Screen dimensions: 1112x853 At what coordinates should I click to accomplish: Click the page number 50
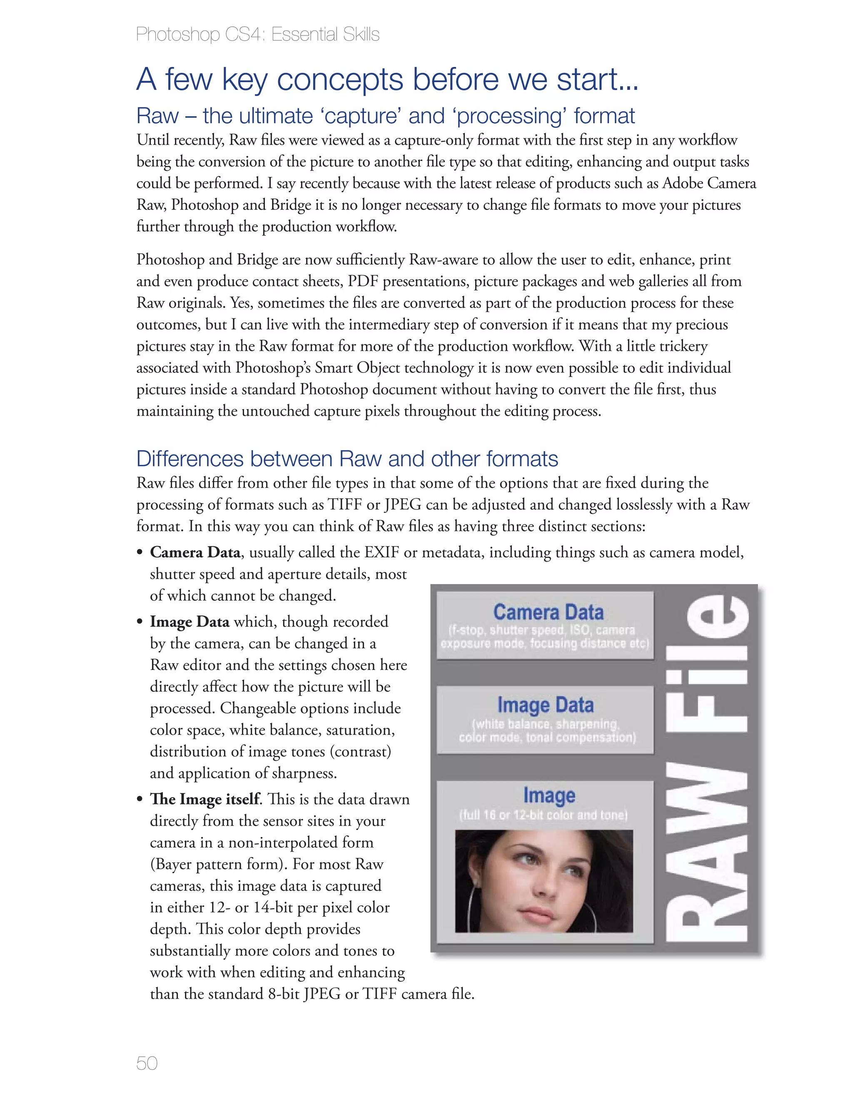147,1063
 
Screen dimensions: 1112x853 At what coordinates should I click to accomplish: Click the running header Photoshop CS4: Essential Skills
257,35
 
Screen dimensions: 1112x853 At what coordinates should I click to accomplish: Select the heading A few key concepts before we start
387,80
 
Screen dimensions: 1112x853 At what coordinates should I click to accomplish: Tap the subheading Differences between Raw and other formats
347,459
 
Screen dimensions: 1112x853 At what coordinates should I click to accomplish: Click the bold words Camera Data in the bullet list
195,552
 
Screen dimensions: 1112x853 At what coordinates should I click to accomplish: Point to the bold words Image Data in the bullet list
190,622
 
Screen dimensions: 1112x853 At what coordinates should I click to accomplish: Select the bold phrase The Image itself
205,799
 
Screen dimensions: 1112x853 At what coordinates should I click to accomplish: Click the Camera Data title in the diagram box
549,612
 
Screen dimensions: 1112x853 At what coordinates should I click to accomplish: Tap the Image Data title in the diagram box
545,705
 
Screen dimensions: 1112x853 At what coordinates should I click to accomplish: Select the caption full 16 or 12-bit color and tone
543,815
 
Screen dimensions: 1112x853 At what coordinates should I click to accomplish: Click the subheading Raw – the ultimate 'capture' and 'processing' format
385,116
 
